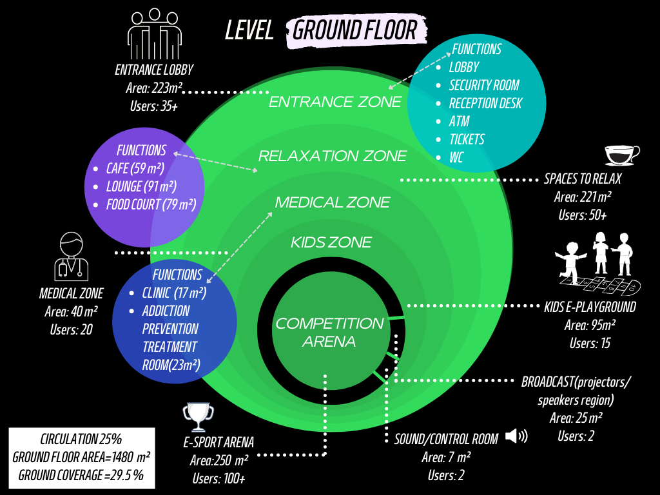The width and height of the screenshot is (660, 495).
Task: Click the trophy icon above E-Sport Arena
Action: tap(199, 417)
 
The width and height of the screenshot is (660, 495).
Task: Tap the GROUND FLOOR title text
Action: tap(356, 30)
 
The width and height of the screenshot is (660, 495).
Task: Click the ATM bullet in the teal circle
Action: tap(460, 121)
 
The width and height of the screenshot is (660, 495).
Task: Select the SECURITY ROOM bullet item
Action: tap(484, 85)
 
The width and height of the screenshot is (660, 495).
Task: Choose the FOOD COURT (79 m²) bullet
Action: tap(151, 205)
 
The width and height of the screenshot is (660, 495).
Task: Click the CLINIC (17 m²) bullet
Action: tap(174, 293)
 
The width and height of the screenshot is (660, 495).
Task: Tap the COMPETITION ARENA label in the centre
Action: tap(329, 332)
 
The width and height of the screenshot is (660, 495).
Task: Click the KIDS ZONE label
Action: tap(331, 242)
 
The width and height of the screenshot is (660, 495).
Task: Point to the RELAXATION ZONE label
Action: tap(333, 156)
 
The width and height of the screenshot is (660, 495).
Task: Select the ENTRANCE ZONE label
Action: tap(335, 102)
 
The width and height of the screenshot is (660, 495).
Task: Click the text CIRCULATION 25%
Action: tap(81, 440)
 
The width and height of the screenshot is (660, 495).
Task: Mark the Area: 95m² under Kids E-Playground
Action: tap(590, 325)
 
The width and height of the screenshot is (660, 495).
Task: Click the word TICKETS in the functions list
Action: tap(467, 139)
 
